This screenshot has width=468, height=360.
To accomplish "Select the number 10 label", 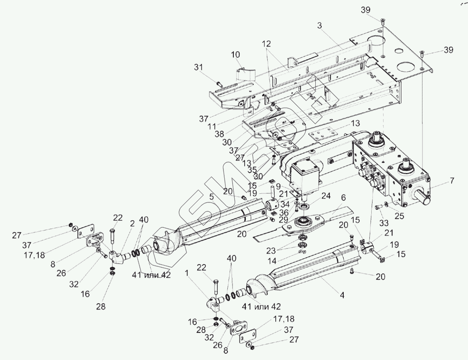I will (235, 54).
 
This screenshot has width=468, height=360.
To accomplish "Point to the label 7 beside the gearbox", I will (452, 181).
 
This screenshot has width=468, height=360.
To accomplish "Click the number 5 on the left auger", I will (211, 197).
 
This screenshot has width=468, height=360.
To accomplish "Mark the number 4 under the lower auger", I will (342, 296).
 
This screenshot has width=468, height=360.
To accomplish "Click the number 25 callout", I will (399, 216).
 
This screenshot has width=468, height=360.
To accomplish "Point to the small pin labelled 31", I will (219, 84).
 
